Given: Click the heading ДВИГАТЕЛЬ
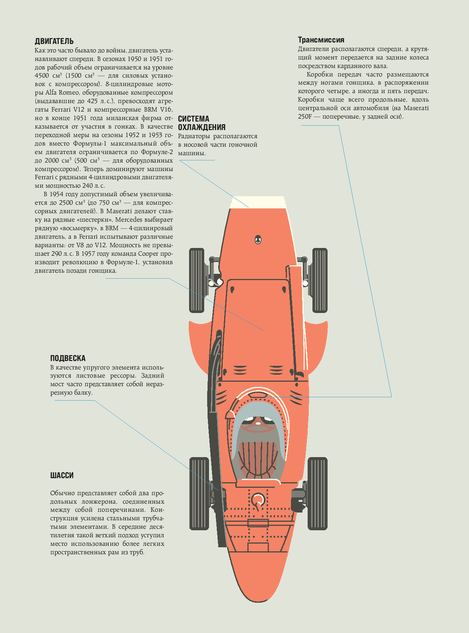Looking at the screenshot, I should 54,41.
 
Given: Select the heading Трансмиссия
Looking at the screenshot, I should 321,40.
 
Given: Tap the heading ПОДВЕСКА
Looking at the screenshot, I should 68,358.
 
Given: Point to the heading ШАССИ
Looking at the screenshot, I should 62,475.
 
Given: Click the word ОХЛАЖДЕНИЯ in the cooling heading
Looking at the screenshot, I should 202,127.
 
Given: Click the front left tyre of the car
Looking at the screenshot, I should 197,280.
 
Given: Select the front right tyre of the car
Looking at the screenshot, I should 319,280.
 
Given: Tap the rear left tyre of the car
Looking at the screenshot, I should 199,493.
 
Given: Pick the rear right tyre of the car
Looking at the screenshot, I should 318,493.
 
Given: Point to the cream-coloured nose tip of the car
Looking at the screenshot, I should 257,201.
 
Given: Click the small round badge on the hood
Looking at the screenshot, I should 257,240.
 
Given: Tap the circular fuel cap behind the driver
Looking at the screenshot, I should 257,499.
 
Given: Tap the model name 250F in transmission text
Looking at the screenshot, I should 304,116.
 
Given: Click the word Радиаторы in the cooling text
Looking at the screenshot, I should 194,136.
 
